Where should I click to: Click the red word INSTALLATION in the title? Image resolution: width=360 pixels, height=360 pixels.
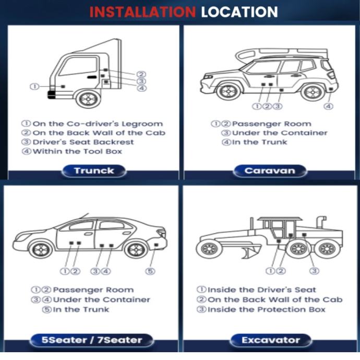pos(142,12)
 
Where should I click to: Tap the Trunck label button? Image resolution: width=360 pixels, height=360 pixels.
pos(94,171)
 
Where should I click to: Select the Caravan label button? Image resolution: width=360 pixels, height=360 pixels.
pos(270,171)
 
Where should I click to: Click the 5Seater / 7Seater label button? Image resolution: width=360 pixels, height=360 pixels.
pos(92,340)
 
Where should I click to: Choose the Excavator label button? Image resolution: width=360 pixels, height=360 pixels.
pos(271,340)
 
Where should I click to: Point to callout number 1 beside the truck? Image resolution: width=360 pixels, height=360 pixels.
pos(34,87)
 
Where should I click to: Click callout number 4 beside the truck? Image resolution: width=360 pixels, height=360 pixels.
pos(142,88)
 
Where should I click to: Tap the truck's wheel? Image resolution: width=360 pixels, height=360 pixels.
pos(88,99)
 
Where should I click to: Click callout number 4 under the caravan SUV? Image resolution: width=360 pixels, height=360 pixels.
pos(328,106)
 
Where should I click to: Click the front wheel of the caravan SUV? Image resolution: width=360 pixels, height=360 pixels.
pos(229,91)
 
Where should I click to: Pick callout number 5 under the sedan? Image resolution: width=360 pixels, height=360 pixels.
pos(150,271)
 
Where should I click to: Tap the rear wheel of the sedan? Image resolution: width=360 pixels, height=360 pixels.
pos(136,249)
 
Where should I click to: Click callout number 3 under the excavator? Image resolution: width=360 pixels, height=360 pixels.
pos(314,271)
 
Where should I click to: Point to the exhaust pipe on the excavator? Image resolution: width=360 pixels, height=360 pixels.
pos(321,222)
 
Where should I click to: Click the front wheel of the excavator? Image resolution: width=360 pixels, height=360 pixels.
pos(209,249)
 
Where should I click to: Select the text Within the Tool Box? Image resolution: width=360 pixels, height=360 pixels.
pos(77,151)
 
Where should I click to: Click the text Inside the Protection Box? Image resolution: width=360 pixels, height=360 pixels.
pos(267,309)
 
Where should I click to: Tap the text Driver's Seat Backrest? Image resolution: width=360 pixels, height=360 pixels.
pos(83,142)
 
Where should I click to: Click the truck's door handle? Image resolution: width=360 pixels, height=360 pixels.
pos(92,77)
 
